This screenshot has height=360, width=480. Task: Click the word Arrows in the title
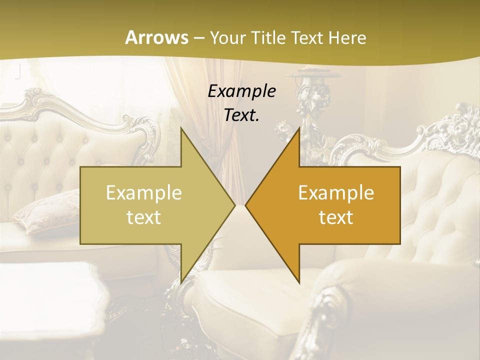(x=156, y=37)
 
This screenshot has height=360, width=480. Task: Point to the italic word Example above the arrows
(x=242, y=91)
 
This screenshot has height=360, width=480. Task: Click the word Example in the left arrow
(x=144, y=192)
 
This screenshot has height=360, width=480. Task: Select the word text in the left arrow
(x=144, y=217)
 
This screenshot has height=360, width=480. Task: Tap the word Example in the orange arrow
(x=336, y=192)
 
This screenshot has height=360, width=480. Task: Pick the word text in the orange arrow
(x=336, y=217)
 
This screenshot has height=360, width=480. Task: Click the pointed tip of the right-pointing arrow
(x=234, y=205)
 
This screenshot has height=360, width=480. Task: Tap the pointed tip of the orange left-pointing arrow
(x=246, y=205)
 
